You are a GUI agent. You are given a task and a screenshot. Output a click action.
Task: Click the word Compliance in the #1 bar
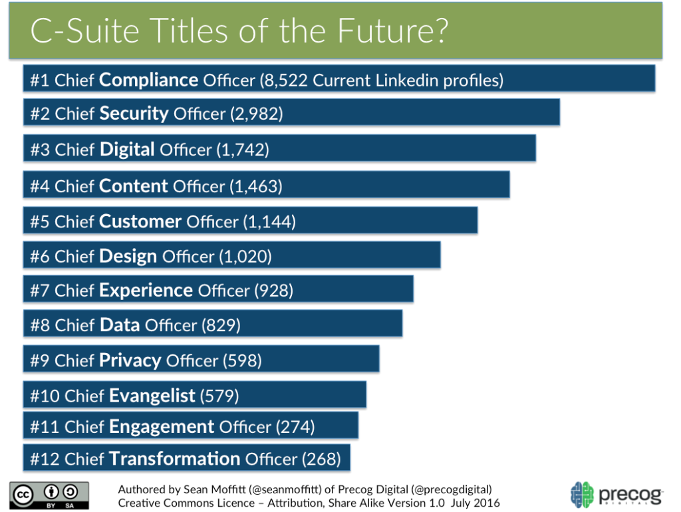(148, 80)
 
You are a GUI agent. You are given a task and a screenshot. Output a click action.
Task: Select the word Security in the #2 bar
(134, 114)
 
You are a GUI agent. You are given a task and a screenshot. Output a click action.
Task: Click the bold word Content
(133, 186)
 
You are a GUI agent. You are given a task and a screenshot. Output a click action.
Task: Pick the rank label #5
(40, 221)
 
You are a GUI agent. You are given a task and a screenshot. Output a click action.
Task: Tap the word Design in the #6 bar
(128, 256)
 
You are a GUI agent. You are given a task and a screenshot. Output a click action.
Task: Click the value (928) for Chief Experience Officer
(273, 291)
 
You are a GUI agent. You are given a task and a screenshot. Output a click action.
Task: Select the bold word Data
(120, 325)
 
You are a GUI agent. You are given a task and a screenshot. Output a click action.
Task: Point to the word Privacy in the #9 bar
(130, 360)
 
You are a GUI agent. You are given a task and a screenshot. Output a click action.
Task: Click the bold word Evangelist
(152, 396)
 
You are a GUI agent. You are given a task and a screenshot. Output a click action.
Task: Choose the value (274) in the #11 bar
(295, 426)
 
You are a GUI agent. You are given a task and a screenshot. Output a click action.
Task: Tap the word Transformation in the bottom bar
(174, 459)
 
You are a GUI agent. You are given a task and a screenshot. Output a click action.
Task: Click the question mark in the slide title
(437, 31)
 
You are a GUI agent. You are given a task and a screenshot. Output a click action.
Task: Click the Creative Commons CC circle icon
(25, 495)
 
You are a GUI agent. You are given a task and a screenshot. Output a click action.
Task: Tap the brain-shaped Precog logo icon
(582, 495)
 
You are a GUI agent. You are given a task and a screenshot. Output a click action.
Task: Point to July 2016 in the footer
(475, 503)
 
